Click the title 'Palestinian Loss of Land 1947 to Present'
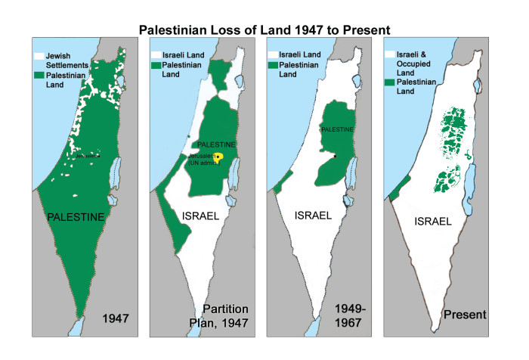tap(264, 30)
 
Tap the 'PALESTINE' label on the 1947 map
tap(76, 217)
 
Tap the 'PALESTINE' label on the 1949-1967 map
tap(336, 129)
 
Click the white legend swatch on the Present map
tap(390, 55)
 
